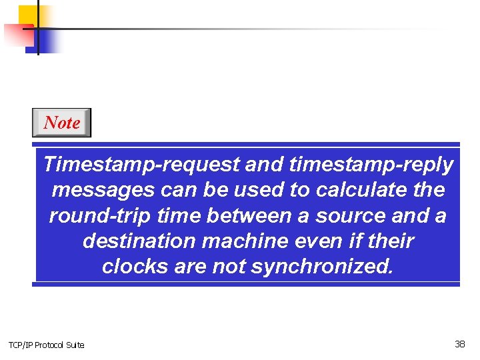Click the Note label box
(x=61, y=123)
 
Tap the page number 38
(x=460, y=344)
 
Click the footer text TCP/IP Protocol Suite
(x=47, y=345)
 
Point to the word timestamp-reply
(x=371, y=164)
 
